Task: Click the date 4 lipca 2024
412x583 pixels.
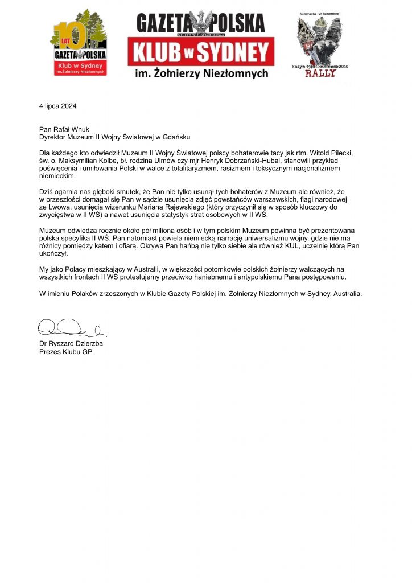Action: pyautogui.click(x=57, y=106)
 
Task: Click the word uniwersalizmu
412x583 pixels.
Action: pyautogui.click(x=258, y=238)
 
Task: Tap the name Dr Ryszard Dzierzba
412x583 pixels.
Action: pyautogui.click(x=71, y=344)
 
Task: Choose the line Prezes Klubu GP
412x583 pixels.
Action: pyautogui.click(x=65, y=352)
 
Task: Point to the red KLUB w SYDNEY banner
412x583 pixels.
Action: pyautogui.click(x=201, y=53)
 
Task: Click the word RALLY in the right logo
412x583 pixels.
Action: pyautogui.click(x=320, y=73)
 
